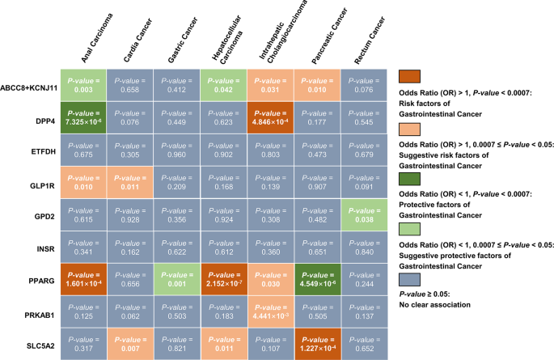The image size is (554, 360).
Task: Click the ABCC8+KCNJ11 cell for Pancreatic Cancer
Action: (x=317, y=83)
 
